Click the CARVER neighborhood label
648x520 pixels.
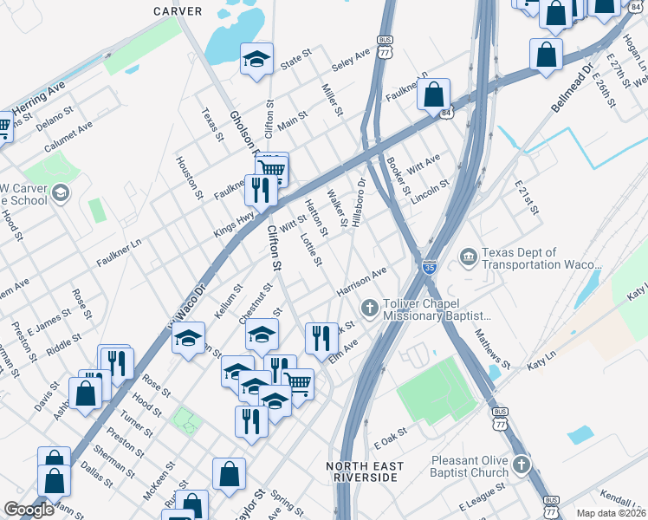(178, 11)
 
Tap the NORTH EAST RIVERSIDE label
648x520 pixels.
(365, 472)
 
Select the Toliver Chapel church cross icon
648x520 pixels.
(368, 307)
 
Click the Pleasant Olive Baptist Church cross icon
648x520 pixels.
(520, 465)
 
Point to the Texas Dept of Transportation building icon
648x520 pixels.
(469, 256)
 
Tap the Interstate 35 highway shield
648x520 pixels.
(430, 267)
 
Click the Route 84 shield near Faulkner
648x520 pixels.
(445, 113)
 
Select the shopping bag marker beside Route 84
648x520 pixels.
(434, 94)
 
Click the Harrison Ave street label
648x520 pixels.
(362, 282)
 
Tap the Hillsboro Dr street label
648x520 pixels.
(357, 202)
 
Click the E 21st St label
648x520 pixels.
(526, 198)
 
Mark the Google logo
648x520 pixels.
(29, 510)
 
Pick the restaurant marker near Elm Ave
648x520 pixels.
(321, 338)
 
